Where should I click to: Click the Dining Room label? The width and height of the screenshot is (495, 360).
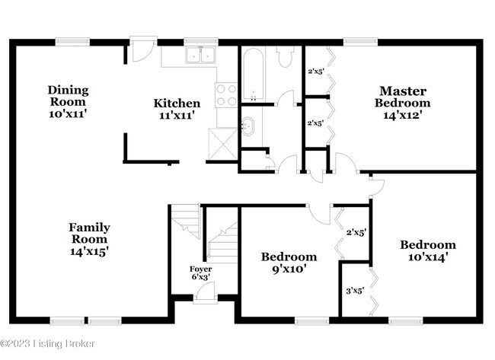click(x=68, y=101)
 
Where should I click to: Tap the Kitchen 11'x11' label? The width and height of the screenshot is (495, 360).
click(x=177, y=109)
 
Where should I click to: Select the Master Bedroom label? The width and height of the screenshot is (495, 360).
click(x=403, y=103)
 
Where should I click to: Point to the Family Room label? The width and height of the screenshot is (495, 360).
click(x=89, y=239)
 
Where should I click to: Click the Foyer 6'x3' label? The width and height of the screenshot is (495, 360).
click(x=201, y=273)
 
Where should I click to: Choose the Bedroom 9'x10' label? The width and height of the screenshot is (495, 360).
click(x=289, y=263)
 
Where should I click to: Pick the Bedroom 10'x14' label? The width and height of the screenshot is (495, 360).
click(x=428, y=251)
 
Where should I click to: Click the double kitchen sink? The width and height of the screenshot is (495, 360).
click(x=200, y=55)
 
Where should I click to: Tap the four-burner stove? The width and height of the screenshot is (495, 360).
click(x=226, y=95)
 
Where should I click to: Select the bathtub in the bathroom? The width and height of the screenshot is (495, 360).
click(x=254, y=74)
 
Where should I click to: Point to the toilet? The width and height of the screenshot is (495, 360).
click(x=285, y=56)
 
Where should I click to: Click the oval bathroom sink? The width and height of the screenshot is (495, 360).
click(x=247, y=126)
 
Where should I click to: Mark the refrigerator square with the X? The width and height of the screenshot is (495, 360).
click(x=223, y=145)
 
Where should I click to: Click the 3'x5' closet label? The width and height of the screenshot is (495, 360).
click(x=355, y=290)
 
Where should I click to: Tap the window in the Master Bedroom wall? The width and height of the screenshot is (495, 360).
click(x=360, y=42)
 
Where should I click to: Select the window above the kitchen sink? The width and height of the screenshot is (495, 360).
click(x=201, y=42)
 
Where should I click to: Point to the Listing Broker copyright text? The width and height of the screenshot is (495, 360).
click(x=47, y=343)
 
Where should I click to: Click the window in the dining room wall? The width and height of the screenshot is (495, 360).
click(x=72, y=42)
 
